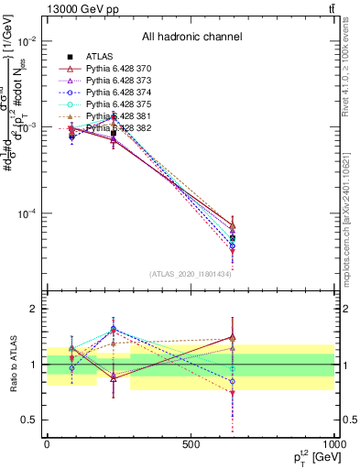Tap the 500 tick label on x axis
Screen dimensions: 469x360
pyautogui.click(x=191, y=443)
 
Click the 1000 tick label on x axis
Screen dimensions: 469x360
pyautogui.click(x=332, y=443)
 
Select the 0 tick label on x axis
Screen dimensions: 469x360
pyautogui.click(x=47, y=443)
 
